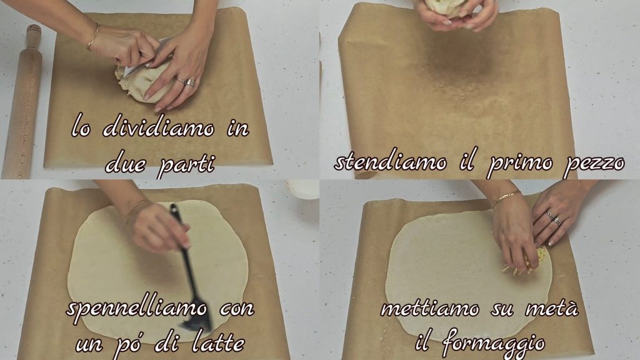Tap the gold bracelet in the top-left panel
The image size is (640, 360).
(93, 37)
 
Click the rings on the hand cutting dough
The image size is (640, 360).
(187, 82)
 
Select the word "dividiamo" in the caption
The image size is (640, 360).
(159, 127)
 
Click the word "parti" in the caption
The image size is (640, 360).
(186, 165)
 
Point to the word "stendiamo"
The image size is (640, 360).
(391, 162)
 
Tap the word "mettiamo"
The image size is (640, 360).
(430, 309)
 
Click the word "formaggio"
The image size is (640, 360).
(492, 343)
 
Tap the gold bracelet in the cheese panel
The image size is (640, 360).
(506, 199)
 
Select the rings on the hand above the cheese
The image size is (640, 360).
(554, 219)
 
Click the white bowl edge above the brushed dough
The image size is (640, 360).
(302, 189)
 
